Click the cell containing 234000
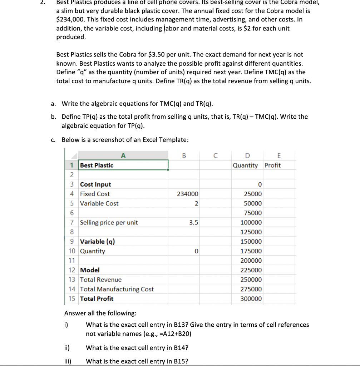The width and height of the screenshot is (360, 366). coord(187,194)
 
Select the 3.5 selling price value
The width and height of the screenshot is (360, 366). coord(193,223)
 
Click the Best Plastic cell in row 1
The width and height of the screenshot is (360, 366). coord(97,165)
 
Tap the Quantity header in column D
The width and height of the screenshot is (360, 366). coord(245,165)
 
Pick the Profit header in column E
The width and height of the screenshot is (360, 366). coord(273,165)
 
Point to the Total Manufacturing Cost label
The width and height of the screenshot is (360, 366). coord(117,289)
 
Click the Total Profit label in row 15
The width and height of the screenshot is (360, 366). coord(97,299)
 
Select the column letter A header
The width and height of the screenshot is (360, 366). coord(123,155)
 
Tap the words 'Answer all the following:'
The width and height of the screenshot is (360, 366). coord(100,313)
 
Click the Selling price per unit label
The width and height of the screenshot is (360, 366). coord(109,223)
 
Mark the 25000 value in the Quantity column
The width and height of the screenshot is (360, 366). coord(253,194)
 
